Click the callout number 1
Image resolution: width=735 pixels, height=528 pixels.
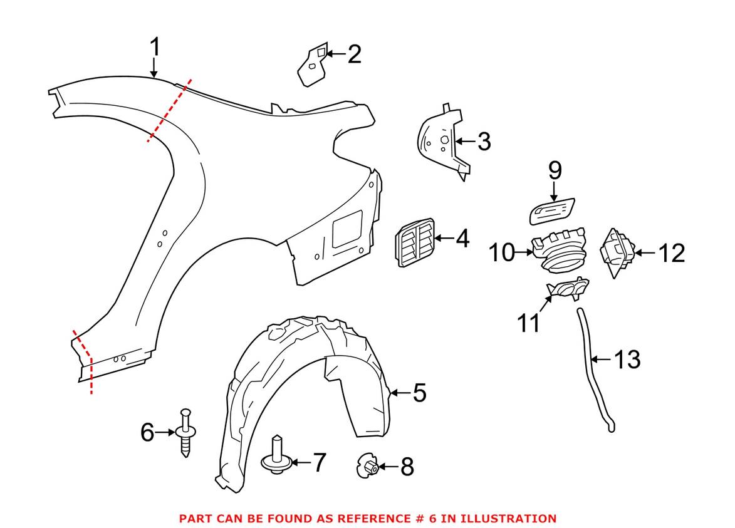click(155, 48)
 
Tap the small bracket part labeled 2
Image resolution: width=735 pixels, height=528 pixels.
click(311, 66)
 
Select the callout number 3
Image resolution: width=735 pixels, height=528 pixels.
click(484, 142)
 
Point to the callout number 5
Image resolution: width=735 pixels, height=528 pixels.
click(419, 393)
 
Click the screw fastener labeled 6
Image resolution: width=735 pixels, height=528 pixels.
click(185, 432)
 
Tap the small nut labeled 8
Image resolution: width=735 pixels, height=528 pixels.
click(367, 467)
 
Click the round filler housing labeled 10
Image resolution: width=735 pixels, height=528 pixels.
click(559, 252)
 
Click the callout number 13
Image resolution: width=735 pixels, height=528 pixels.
click(627, 360)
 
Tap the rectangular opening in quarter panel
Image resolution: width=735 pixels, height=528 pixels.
click(347, 228)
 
